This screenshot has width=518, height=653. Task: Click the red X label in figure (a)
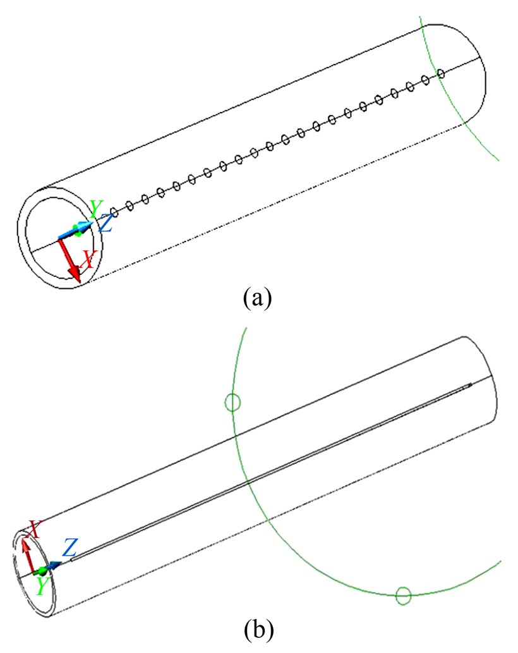(x=89, y=259)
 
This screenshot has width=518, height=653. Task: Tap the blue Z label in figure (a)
(x=106, y=223)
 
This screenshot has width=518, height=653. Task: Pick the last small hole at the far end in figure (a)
(x=441, y=74)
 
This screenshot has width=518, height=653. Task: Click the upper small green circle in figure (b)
(x=233, y=401)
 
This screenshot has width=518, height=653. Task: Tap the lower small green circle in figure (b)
(x=403, y=595)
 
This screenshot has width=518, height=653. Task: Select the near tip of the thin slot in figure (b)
(x=72, y=559)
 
